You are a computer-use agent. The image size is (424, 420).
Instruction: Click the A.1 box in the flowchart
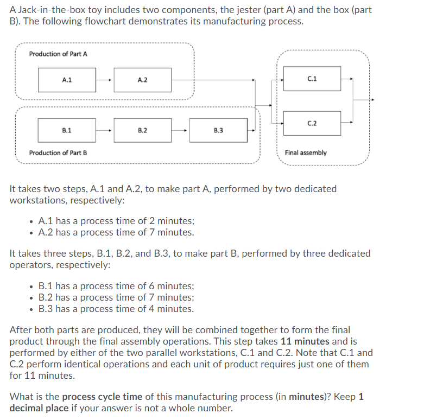(67, 80)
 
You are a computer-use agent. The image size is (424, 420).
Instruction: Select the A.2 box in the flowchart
(142, 80)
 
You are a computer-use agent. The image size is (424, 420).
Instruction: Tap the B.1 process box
(67, 130)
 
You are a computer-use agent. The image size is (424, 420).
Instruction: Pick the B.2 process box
(142, 130)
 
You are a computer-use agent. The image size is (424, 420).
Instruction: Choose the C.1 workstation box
(312, 79)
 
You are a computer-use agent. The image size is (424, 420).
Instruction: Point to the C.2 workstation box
(312, 123)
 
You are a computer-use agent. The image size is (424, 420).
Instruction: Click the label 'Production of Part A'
(58, 54)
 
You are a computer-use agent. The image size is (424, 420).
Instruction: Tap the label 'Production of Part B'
(58, 153)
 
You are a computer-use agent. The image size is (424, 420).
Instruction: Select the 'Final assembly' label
(306, 153)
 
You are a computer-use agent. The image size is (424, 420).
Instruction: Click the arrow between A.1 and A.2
(105, 80)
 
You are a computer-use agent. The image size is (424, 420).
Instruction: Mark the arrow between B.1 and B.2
(105, 130)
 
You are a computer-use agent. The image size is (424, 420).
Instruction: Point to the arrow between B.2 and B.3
(180, 130)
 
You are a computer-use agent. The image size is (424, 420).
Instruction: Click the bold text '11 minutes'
(305, 341)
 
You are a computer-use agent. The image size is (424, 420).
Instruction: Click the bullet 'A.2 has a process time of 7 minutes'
(116, 232)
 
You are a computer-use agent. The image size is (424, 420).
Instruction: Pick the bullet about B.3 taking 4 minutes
(116, 309)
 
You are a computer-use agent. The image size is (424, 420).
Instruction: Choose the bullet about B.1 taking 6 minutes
(116, 286)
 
